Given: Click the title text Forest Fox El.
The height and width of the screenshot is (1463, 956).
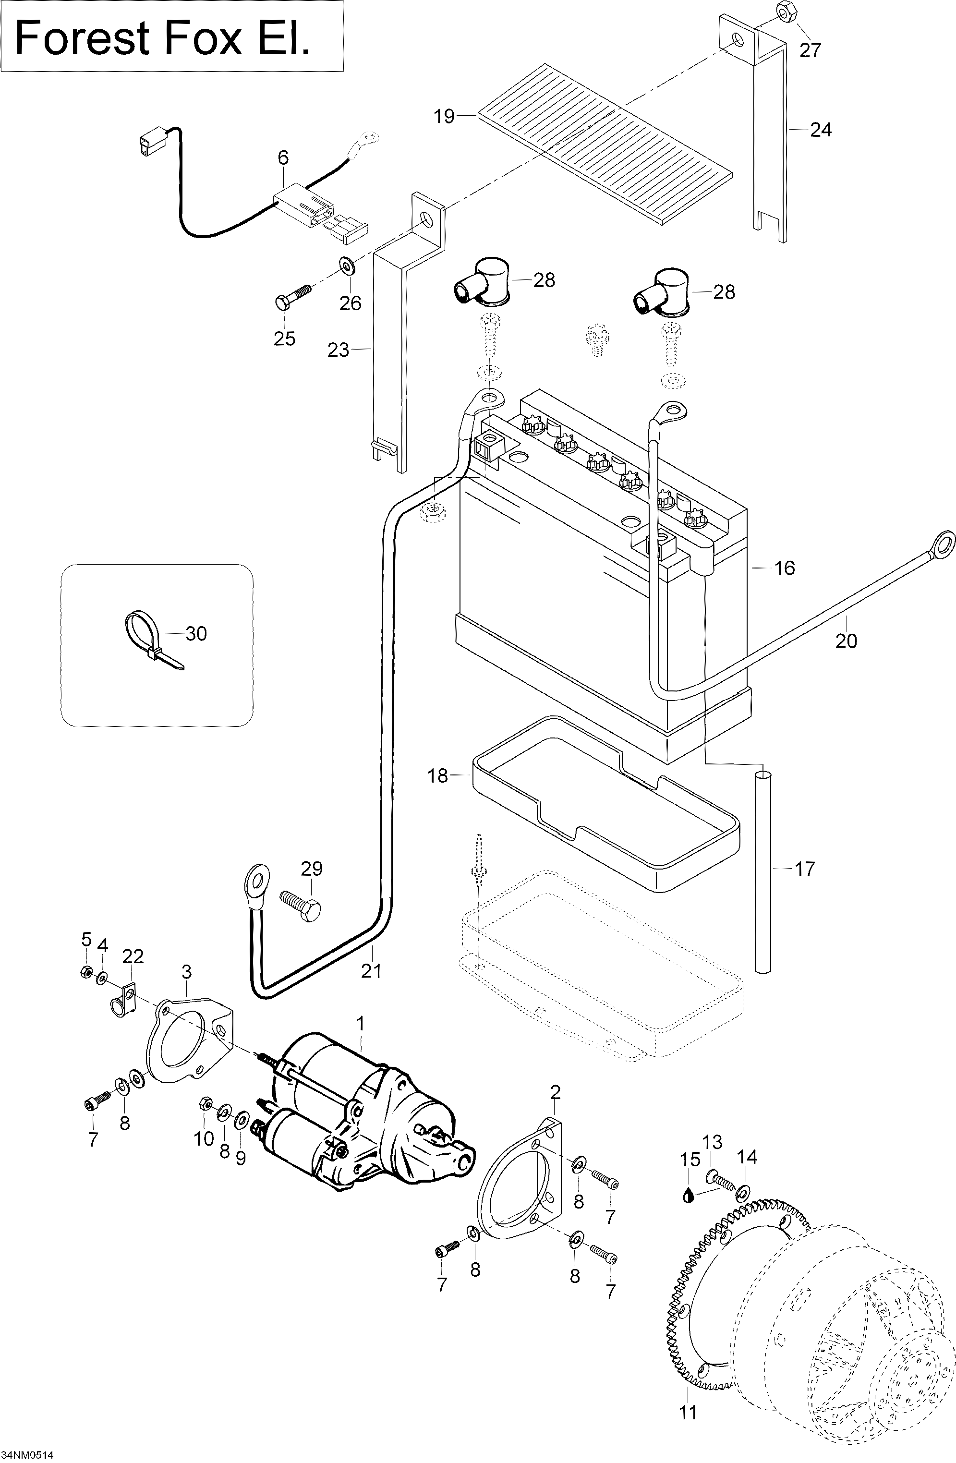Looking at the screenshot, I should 162,38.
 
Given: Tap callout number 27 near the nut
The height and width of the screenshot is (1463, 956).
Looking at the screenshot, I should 810,50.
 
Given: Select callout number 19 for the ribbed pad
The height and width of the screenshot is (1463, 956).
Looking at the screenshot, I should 444,116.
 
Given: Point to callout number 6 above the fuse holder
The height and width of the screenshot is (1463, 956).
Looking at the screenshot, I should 283,158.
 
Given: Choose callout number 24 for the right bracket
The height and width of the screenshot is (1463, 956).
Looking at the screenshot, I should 821,130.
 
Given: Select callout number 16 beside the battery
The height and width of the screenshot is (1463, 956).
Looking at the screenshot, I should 785,568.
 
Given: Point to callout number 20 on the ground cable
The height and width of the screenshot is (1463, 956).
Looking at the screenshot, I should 846,641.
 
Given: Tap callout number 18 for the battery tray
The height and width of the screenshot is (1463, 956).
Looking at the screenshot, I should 438,776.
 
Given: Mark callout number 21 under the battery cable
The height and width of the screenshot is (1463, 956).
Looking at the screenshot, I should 371,971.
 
